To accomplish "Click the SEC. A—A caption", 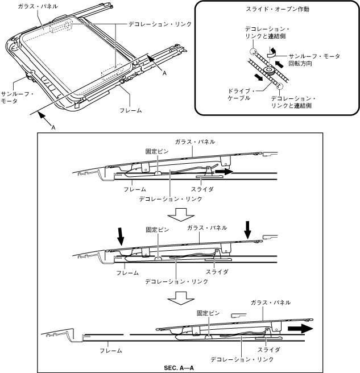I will [180, 367].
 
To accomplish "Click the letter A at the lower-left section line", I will [53, 128].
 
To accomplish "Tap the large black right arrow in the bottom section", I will [300, 329].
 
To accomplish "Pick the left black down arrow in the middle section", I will [121, 235].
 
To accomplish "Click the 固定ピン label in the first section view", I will [156, 152].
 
